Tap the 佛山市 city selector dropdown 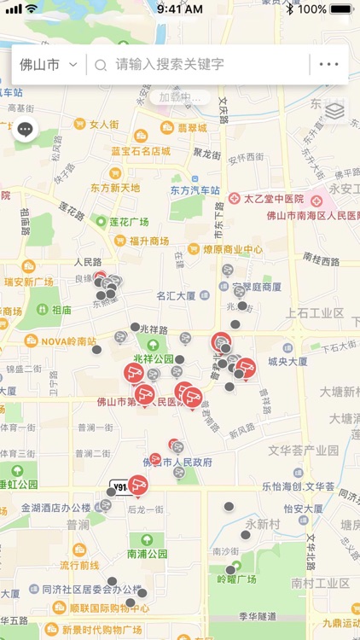click(x=49, y=64)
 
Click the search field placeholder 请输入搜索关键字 click(x=170, y=64)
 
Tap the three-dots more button click(x=328, y=64)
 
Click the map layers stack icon click(x=335, y=111)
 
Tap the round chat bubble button click(x=25, y=130)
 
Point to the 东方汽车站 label click(x=195, y=190)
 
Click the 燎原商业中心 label click(x=232, y=250)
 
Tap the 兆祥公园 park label click(x=153, y=358)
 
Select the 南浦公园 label click(x=148, y=553)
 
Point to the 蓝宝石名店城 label click(x=141, y=152)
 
